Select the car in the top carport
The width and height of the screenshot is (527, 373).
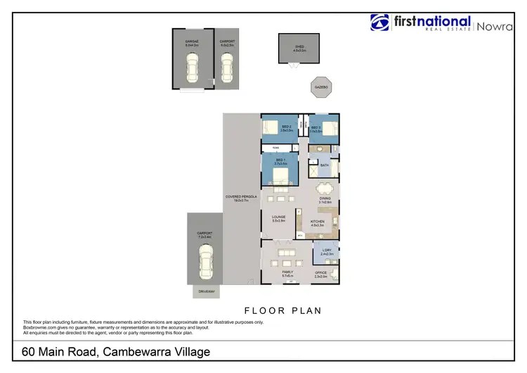pyautogui.click(x=226, y=68)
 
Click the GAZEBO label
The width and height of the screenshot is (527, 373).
pyautogui.click(x=321, y=87)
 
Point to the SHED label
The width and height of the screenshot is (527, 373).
pyautogui.click(x=299, y=46)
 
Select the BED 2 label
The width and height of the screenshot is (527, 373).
pyautogui.click(x=286, y=127)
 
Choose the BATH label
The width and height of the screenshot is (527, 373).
pyautogui.click(x=324, y=165)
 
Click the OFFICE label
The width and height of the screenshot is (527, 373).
pyautogui.click(x=320, y=274)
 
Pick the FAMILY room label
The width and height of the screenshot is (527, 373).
pyautogui.click(x=287, y=272)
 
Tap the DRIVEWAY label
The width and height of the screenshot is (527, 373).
pyautogui.click(x=206, y=291)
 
